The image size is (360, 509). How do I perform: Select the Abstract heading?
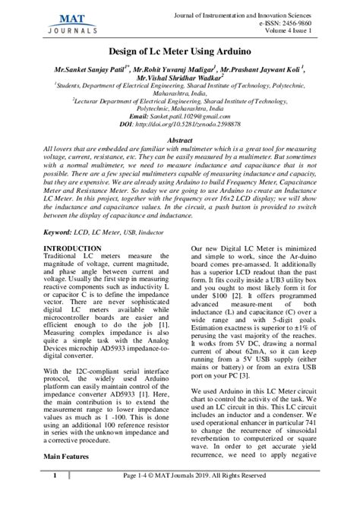[179, 141]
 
